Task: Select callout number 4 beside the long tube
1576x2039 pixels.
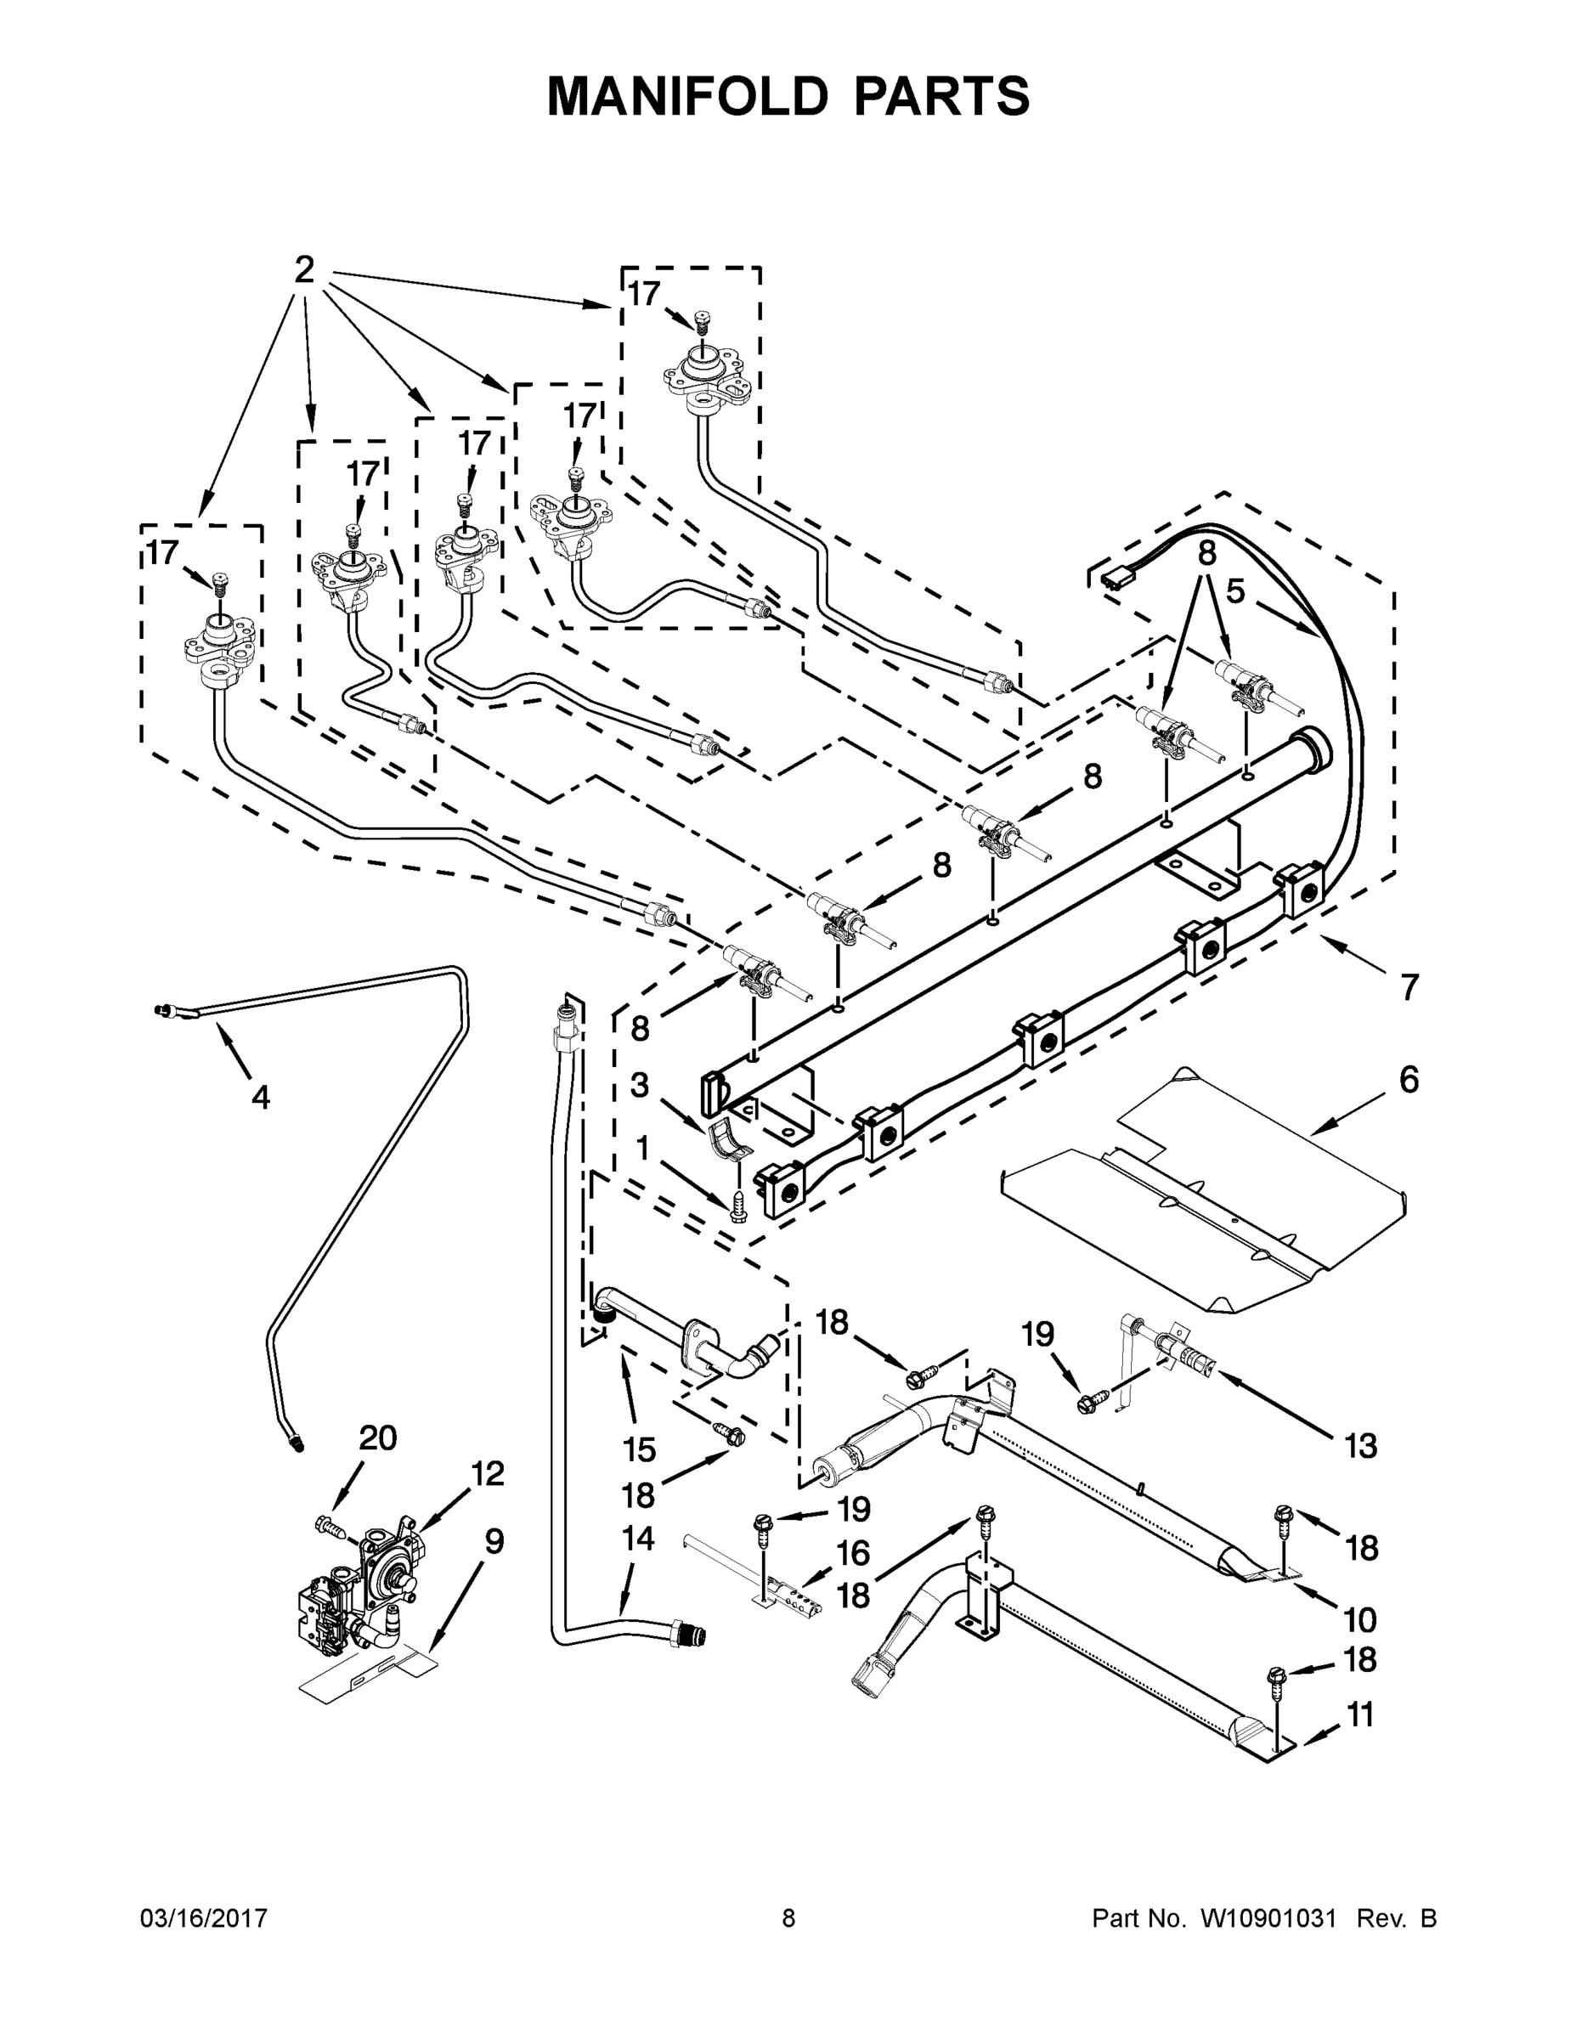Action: (261, 1097)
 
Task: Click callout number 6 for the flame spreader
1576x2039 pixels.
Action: (1409, 1080)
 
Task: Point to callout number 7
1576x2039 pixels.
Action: (1409, 986)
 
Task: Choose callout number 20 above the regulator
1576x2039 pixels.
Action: (378, 1438)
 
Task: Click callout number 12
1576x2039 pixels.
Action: (488, 1473)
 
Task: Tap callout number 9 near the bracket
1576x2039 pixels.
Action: (494, 1541)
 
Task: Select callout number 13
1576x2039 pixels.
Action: (1360, 1446)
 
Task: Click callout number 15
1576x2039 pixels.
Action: (640, 1450)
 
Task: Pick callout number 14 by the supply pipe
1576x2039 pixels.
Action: (638, 1539)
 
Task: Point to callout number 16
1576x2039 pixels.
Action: (852, 1554)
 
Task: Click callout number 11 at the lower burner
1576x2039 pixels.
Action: (1360, 1715)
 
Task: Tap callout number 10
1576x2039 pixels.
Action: (1360, 1618)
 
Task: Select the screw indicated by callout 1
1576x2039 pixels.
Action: (737, 1206)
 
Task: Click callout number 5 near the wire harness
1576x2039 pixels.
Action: (1235, 592)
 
